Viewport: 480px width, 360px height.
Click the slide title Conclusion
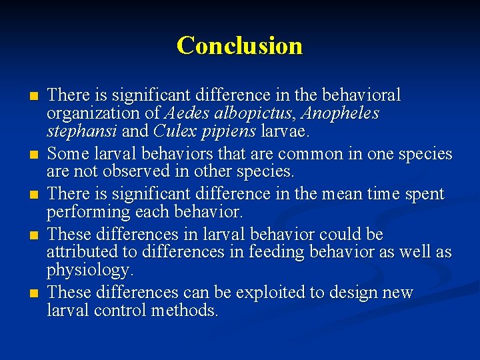(239, 46)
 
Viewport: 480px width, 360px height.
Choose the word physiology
(90, 270)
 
